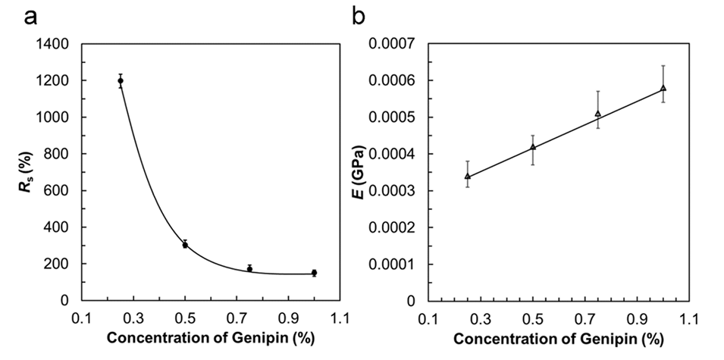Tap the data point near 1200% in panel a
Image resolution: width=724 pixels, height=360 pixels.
coord(121,80)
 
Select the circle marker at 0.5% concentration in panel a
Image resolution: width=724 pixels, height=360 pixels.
coord(185,245)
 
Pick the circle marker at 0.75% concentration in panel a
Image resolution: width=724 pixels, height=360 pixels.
coord(249,268)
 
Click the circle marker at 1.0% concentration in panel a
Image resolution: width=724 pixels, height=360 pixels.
coord(314,273)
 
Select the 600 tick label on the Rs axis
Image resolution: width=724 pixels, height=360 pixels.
coord(61,190)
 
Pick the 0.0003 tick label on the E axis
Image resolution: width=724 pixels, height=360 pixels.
coord(393,190)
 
